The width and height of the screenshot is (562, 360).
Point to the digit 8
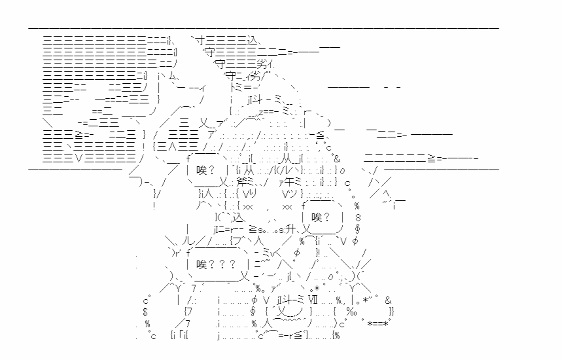(x=358, y=217)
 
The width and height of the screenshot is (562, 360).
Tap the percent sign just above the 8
(x=357, y=206)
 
